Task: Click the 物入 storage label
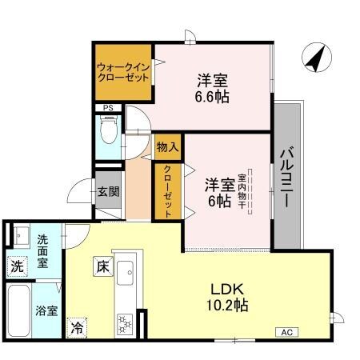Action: click(x=166, y=147)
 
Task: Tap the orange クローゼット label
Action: click(x=168, y=191)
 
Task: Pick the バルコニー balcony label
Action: click(x=286, y=175)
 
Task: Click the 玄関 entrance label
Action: click(x=108, y=192)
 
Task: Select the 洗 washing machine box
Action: click(x=17, y=265)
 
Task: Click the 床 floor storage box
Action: click(x=102, y=265)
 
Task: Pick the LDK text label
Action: click(x=226, y=289)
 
